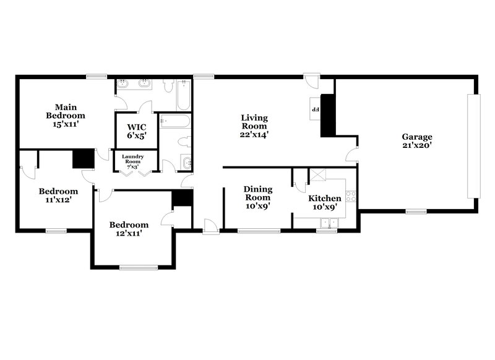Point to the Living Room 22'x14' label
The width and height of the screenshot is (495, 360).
click(254, 126)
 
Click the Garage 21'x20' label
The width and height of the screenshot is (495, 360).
click(416, 141)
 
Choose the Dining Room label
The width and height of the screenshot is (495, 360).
click(258, 197)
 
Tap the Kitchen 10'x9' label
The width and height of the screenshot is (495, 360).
click(325, 202)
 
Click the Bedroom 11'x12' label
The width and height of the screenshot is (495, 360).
click(58, 195)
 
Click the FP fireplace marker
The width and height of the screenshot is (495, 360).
click(314, 109)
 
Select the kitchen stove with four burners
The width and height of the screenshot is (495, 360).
click(351, 197)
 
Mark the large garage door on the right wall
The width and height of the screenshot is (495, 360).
click(475, 146)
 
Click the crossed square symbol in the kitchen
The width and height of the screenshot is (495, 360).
click(318, 176)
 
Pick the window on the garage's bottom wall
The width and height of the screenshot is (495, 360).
click(415, 212)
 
